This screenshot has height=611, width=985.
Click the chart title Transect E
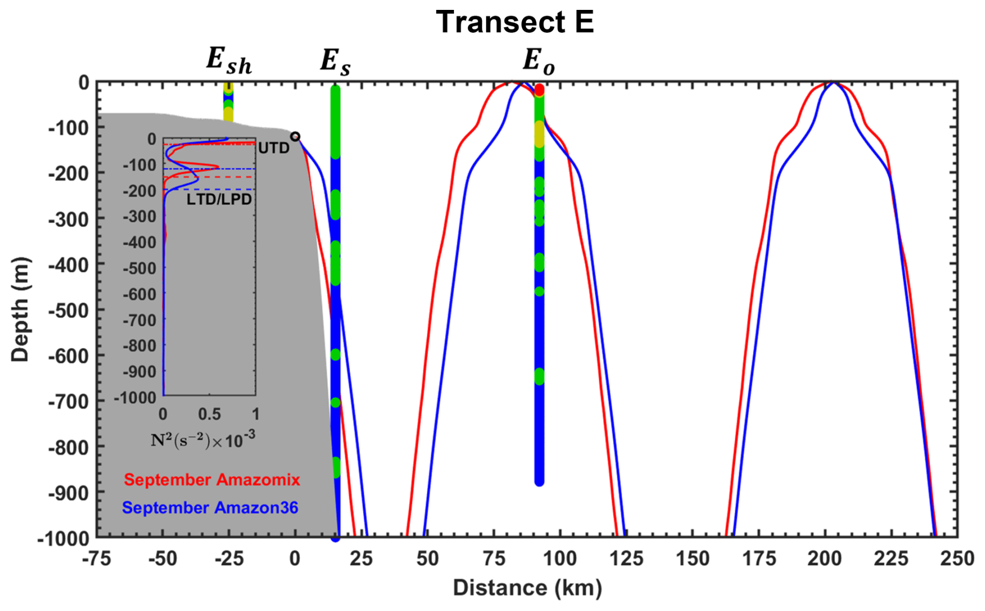pyautogui.click(x=514, y=23)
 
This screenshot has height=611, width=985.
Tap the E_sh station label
pyautogui.click(x=229, y=61)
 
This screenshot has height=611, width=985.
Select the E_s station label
pyautogui.click(x=335, y=62)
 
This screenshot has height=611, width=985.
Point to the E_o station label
pyautogui.click(x=538, y=62)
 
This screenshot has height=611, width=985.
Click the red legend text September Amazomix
pyautogui.click(x=212, y=479)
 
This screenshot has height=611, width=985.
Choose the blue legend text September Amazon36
pyautogui.click(x=210, y=507)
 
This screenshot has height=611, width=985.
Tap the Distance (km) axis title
pyautogui.click(x=527, y=588)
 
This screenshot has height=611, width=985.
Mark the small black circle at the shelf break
pyautogui.click(x=295, y=136)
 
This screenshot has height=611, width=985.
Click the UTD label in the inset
pyautogui.click(x=274, y=148)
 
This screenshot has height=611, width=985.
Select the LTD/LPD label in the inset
pyautogui.click(x=219, y=199)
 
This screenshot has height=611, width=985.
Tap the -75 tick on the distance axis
pyautogui.click(x=97, y=559)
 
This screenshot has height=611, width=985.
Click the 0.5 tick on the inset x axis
pyautogui.click(x=209, y=414)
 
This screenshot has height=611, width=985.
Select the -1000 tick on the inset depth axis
pyautogui.click(x=135, y=398)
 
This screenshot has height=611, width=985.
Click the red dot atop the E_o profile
pyautogui.click(x=539, y=90)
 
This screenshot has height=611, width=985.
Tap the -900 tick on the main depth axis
pyautogui.click(x=69, y=492)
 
